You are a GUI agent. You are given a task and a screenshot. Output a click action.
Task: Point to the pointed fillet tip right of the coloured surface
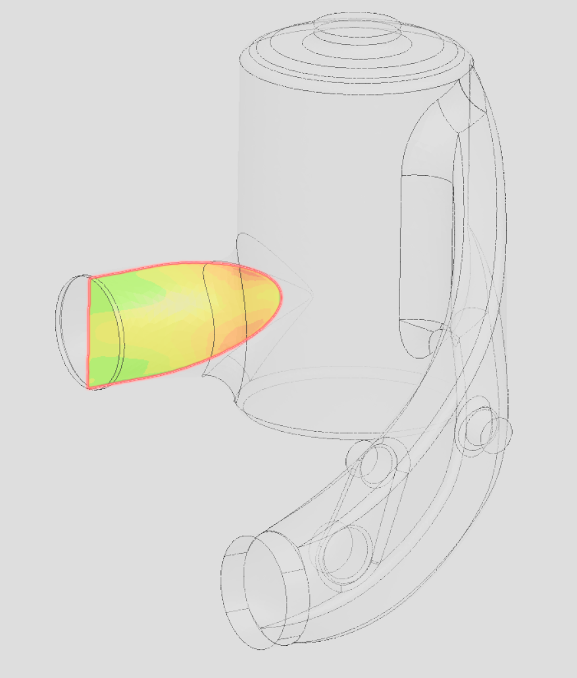coord(310,292)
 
